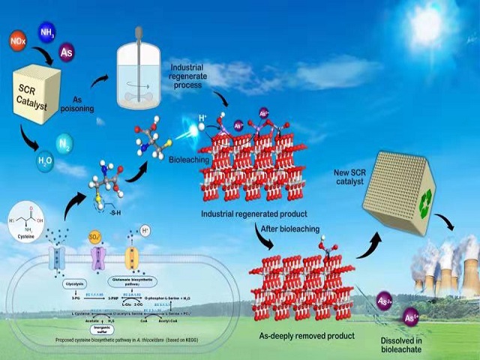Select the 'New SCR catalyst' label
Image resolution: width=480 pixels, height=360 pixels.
[359, 178]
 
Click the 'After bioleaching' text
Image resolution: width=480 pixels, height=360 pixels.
[290, 228]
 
